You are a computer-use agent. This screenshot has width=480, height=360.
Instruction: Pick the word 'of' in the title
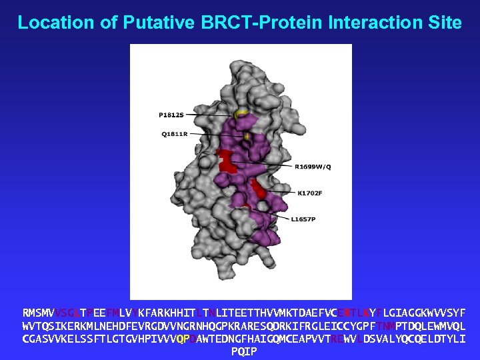[x=105, y=23]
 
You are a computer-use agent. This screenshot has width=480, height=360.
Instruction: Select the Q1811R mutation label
[x=174, y=133]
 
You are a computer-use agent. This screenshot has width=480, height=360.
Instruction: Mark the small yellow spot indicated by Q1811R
[x=247, y=136]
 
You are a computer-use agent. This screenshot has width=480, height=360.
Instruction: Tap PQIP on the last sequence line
[x=243, y=351]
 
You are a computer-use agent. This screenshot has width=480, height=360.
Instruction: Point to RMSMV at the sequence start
[x=38, y=313]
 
